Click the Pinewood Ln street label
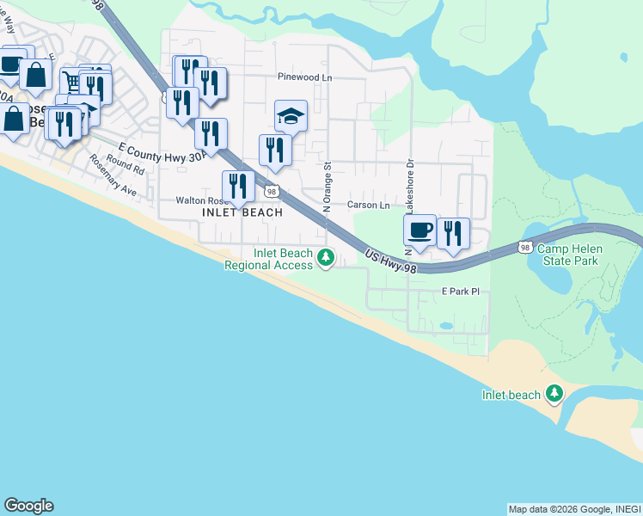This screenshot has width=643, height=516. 304,77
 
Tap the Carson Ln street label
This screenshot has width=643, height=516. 368,205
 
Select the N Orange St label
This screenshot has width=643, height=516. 327,186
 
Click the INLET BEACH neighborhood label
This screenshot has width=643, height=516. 242,212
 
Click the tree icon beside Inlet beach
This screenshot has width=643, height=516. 555,395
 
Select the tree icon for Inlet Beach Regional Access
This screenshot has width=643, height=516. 325,257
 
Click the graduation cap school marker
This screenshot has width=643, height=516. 291,116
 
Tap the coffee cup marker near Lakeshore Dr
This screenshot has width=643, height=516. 419,230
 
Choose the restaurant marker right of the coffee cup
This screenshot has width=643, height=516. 453,233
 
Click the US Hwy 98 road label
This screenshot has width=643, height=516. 390,261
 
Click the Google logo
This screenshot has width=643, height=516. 28,506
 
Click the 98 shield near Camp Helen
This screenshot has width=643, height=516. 524,247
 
